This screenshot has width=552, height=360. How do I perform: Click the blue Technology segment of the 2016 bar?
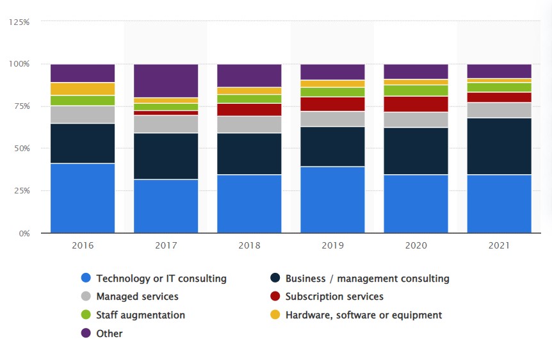[83, 198]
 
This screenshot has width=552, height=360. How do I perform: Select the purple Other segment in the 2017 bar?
[166, 81]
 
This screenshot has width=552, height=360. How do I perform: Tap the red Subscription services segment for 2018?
[249, 110]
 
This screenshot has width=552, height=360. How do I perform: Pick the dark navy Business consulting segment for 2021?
[499, 146]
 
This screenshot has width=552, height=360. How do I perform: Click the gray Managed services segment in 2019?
[332, 119]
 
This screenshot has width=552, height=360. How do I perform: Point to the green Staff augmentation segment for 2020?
[416, 90]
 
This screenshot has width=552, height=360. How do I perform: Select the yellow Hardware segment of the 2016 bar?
[83, 89]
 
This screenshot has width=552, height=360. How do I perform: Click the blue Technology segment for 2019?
[332, 199]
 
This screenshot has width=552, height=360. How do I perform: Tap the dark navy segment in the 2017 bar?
[166, 156]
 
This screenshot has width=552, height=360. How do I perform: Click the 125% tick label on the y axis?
[19, 22]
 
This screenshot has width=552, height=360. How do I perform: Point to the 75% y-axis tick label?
[21, 106]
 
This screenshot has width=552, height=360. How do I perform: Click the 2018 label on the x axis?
[249, 245]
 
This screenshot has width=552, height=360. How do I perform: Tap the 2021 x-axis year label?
[499, 245]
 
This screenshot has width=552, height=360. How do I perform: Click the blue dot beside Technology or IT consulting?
[86, 278]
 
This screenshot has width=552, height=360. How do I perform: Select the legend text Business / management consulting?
[367, 279]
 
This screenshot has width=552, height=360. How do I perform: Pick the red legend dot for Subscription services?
[275, 297]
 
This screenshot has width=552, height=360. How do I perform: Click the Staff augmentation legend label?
[140, 315]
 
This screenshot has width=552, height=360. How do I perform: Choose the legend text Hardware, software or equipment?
[363, 315]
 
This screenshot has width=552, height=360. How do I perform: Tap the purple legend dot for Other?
[86, 333]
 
